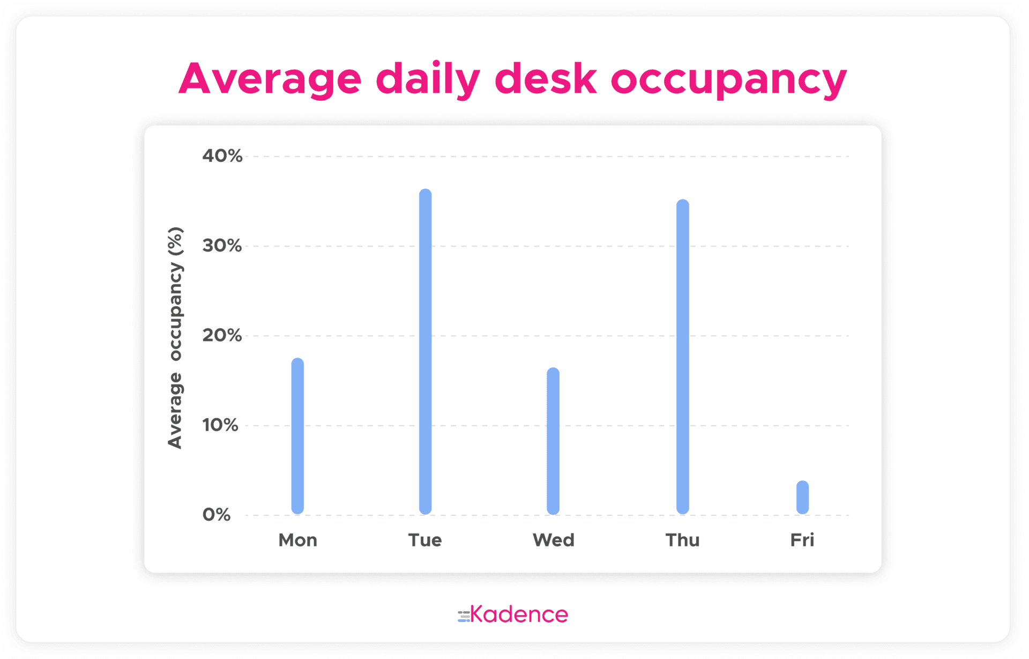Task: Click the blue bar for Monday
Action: tap(297, 436)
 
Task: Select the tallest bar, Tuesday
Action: tap(425, 352)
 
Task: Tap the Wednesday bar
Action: tap(553, 441)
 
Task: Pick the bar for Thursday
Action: tap(682, 357)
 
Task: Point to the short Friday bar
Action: tap(802, 497)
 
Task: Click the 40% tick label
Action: tap(222, 156)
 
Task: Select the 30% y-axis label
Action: tap(222, 246)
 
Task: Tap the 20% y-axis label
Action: tap(222, 335)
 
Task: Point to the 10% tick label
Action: tap(220, 425)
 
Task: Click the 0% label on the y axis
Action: tap(217, 514)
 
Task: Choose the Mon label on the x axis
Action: tap(298, 540)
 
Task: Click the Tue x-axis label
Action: tap(425, 540)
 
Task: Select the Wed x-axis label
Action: tap(554, 540)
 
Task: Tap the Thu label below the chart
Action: tap(683, 540)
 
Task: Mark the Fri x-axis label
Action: tap(802, 540)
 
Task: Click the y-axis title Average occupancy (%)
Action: tap(175, 338)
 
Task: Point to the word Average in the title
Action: tap(270, 80)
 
